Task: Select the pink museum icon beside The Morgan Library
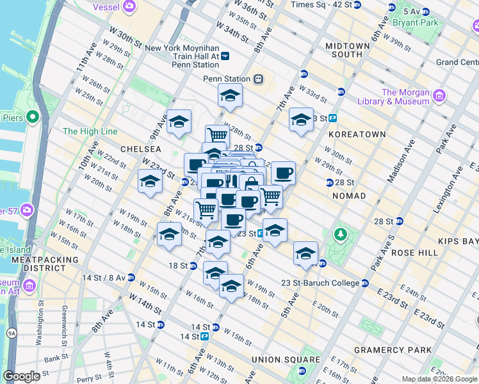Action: pyautogui.click(x=439, y=97)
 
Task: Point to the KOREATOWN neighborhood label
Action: pyautogui.click(x=357, y=134)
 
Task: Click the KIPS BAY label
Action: pyautogui.click(x=458, y=241)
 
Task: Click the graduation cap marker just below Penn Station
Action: pyautogui.click(x=230, y=96)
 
